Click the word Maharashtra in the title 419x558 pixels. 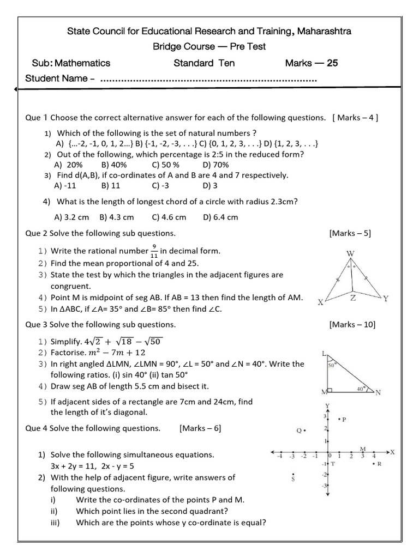pos(325,31)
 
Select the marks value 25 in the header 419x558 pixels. pos(332,63)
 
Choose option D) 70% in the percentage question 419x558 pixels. pos(216,165)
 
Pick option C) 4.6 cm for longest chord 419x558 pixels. pos(169,217)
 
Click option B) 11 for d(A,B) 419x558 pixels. pos(110,185)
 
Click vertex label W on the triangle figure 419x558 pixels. pos(350,253)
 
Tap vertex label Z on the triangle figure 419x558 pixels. pos(353,298)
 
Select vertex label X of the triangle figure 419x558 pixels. pos(320,302)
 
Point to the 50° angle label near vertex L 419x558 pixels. pos(331,366)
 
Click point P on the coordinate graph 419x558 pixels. pos(342,419)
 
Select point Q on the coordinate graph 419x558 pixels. pos(301,430)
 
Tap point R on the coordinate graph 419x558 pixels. pos(376,464)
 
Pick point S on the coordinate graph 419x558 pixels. pos(294,477)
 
